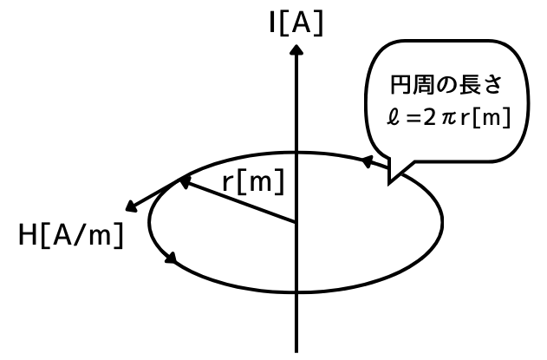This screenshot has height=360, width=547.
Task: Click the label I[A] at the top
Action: click(x=296, y=23)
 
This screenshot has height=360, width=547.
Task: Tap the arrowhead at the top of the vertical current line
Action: click(x=296, y=50)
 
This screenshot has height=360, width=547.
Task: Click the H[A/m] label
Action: click(x=70, y=235)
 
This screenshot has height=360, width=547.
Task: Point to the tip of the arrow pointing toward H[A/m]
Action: click(x=128, y=209)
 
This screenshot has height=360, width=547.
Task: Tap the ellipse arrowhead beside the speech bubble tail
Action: click(x=368, y=160)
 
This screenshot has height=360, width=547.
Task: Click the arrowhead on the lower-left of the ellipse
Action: click(x=171, y=258)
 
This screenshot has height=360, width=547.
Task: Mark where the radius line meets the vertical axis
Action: click(x=296, y=221)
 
